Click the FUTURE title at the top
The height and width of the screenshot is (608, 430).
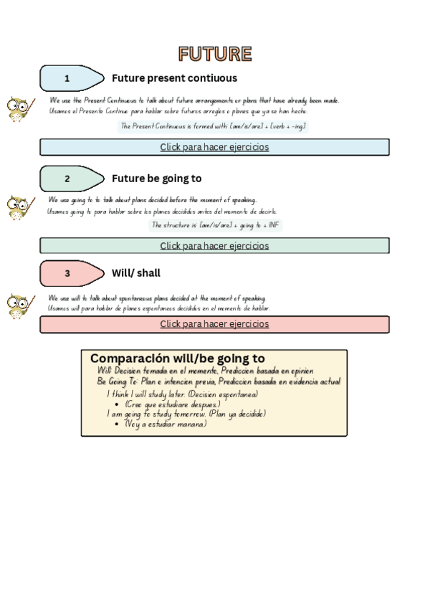tap(215, 54)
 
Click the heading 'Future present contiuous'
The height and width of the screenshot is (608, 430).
tap(174, 78)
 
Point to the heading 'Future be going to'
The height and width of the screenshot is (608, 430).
tap(156, 179)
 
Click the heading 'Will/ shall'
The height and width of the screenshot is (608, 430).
tap(136, 273)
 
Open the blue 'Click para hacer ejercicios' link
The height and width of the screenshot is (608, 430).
tap(214, 147)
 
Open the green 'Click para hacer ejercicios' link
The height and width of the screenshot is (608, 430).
tap(214, 246)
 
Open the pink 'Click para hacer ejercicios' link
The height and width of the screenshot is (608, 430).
tap(214, 324)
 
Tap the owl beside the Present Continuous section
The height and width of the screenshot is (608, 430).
tap(19, 109)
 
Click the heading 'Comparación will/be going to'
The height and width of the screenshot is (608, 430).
tap(178, 358)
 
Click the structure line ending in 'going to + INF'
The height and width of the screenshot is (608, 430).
tap(216, 225)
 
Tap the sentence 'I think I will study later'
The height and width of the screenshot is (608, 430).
tap(182, 394)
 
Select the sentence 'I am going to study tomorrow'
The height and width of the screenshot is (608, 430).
tap(186, 414)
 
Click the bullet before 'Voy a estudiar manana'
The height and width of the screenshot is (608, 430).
tap(117, 424)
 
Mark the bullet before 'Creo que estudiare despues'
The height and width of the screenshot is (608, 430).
tap(117, 404)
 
